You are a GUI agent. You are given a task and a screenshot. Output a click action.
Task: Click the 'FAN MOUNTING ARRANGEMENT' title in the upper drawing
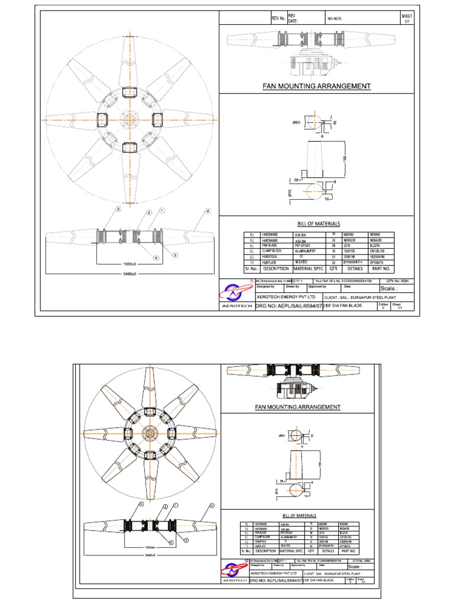(x=316, y=86)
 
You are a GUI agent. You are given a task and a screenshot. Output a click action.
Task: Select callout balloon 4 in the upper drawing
(x=207, y=211)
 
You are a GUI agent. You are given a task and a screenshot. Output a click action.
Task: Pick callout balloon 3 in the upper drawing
(x=175, y=255)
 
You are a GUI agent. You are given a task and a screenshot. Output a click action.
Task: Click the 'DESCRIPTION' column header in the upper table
(x=272, y=268)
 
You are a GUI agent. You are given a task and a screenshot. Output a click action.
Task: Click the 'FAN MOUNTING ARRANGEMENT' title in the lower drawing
(x=297, y=407)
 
